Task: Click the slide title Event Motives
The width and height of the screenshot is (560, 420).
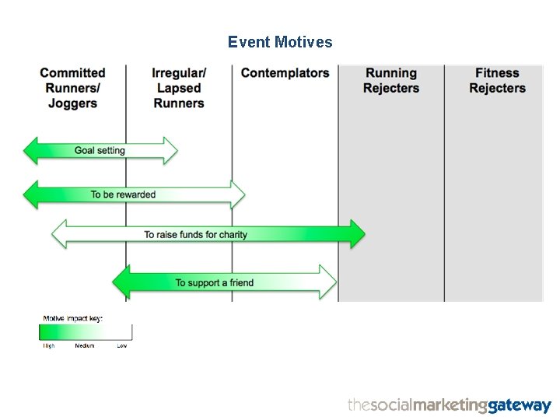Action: point(280,42)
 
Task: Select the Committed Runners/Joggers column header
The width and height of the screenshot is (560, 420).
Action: point(72,88)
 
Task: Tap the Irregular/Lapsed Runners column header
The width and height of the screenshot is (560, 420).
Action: point(179,88)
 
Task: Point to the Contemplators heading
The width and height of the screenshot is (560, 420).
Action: point(285,73)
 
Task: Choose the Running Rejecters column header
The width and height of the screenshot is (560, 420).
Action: point(390,81)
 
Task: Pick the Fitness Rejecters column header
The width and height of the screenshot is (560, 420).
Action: point(497,81)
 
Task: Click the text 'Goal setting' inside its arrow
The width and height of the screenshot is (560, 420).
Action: point(100,150)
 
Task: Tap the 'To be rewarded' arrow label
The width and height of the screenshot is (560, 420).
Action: point(123,194)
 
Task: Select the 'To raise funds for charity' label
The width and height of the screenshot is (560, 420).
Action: point(195,234)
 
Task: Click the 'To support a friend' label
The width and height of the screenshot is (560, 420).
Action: point(214,282)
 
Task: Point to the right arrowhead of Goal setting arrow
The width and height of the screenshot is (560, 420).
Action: point(170,150)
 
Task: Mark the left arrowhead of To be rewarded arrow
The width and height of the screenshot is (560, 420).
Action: point(32,194)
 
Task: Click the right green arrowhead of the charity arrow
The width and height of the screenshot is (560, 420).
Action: point(357,234)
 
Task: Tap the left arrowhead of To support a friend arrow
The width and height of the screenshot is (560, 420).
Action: point(121,282)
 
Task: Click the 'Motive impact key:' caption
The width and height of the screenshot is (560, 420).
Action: point(72,318)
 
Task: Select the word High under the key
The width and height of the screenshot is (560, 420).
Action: point(48,345)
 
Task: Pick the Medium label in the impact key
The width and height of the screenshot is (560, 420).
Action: point(84,345)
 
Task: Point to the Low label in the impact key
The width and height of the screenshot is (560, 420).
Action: point(122,345)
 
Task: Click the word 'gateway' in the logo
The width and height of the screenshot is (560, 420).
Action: point(520,405)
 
